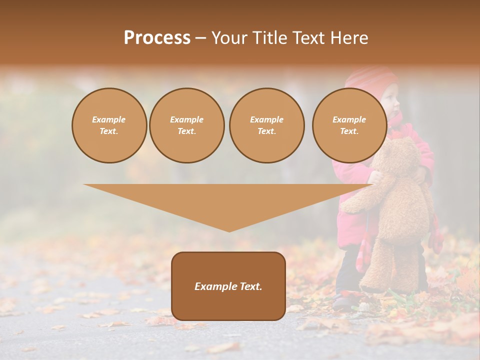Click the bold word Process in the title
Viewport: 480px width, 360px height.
point(157,38)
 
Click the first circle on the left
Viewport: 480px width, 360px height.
point(109,125)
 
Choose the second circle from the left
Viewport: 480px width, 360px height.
point(187,125)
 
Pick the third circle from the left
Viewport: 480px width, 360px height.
point(267,125)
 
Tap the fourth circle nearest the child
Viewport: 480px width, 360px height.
point(349,125)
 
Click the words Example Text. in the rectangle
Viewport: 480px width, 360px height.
point(228,286)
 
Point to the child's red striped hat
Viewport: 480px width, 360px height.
point(372,80)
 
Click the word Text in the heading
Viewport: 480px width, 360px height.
point(309,38)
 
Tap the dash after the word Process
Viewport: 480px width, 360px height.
point(200,38)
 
